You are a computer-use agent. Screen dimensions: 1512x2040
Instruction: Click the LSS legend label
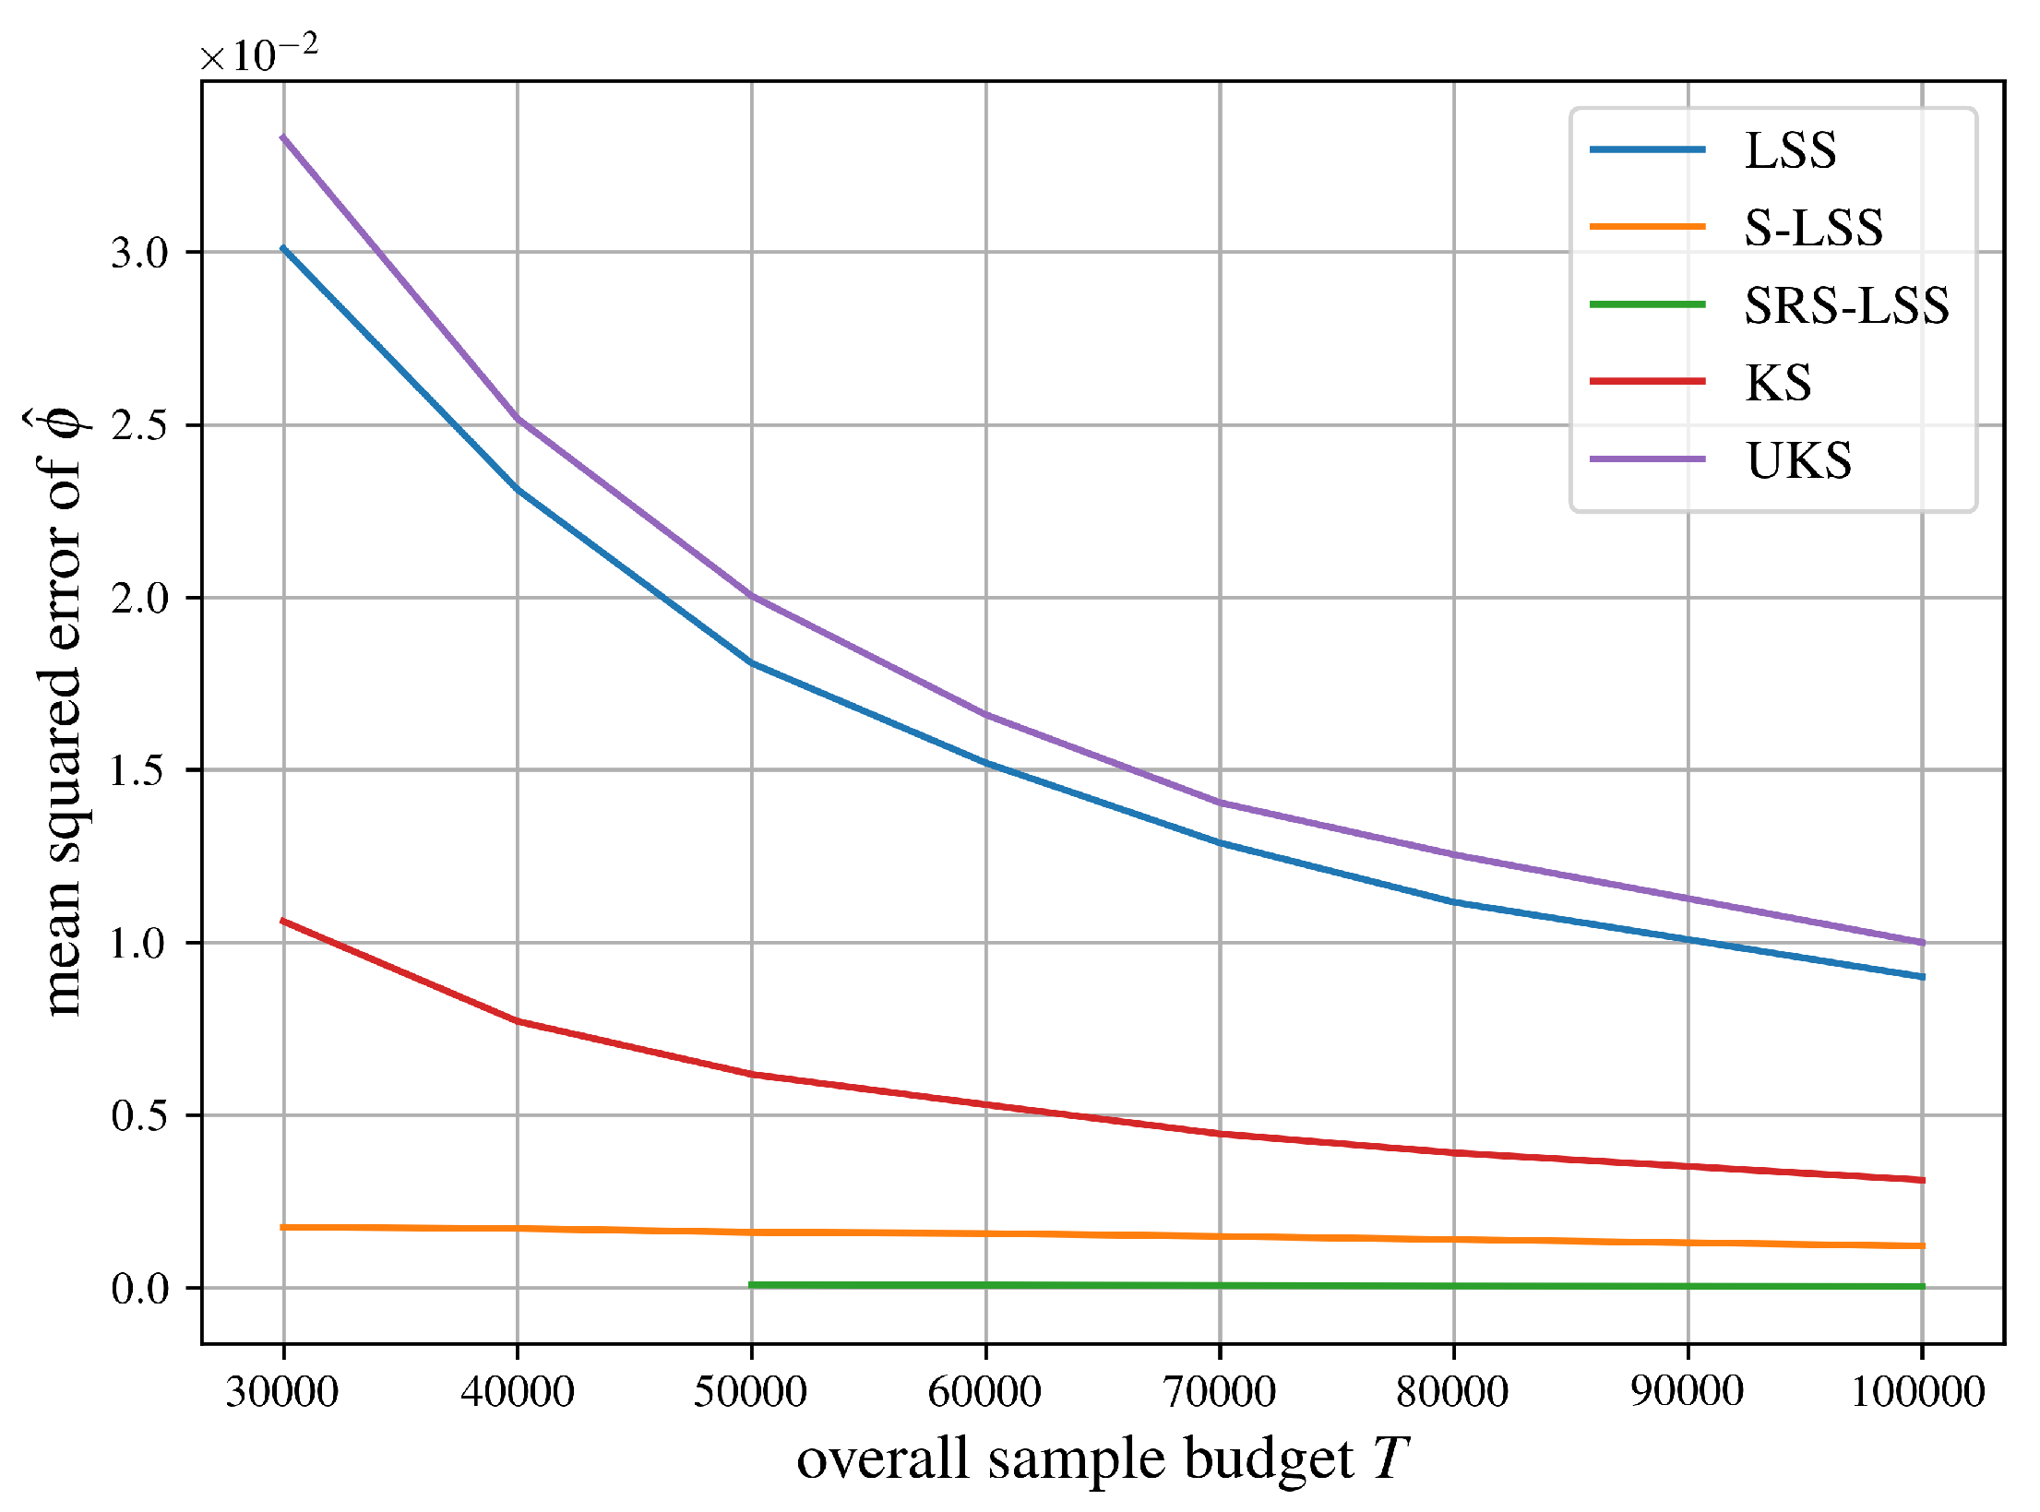click(1790, 150)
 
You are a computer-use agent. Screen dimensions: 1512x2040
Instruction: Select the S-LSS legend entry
click(1813, 228)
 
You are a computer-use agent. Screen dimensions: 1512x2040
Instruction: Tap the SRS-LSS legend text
click(1846, 305)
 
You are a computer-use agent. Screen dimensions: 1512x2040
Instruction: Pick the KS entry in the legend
click(1778, 383)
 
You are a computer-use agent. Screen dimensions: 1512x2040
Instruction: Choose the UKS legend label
click(1798, 460)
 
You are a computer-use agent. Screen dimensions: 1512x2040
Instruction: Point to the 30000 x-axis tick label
click(282, 1391)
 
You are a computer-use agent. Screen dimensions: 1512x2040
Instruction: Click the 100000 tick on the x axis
click(1919, 1391)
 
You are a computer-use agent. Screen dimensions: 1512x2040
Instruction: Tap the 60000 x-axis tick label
click(985, 1391)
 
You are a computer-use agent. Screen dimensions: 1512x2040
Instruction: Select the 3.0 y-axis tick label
click(140, 253)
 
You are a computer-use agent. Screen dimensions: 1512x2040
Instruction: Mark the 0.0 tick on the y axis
click(140, 1289)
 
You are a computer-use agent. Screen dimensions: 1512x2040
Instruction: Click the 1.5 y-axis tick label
click(140, 770)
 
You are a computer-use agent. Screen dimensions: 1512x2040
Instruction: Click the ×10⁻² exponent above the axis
click(259, 54)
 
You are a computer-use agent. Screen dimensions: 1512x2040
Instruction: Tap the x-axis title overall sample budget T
click(1103, 1459)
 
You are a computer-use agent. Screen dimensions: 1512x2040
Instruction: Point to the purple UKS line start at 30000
click(283, 137)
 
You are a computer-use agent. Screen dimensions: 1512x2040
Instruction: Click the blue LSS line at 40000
click(518, 489)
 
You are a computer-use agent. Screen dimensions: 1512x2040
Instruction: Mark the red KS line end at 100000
click(1922, 1180)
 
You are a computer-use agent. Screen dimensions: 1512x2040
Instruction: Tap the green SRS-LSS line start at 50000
click(753, 1284)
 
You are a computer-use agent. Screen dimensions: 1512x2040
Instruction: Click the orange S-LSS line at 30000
click(283, 1227)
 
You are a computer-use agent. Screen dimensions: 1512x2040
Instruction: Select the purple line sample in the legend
click(1647, 459)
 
